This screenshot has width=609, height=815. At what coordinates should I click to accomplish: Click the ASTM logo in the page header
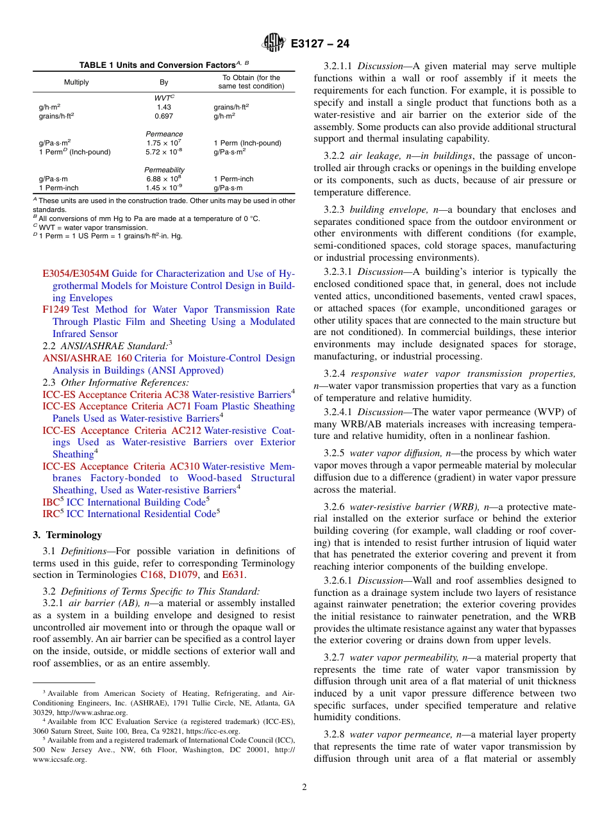[x=272, y=44]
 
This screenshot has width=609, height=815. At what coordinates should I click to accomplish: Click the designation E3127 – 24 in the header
[x=320, y=44]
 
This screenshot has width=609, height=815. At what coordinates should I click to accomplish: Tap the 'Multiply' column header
[x=76, y=82]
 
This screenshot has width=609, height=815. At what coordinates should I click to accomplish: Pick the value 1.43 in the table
[x=163, y=107]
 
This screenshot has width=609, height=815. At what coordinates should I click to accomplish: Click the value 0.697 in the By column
[x=163, y=116]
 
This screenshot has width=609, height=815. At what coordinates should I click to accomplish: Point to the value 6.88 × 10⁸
[x=163, y=179]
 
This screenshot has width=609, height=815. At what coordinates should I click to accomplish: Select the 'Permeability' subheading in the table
[x=163, y=170]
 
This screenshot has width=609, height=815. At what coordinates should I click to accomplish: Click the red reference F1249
[x=56, y=309]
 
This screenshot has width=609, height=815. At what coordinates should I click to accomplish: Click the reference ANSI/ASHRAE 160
[x=86, y=358]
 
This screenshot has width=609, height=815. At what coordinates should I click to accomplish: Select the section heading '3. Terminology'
[x=67, y=535]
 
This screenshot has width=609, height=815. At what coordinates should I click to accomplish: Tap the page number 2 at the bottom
[x=304, y=787]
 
